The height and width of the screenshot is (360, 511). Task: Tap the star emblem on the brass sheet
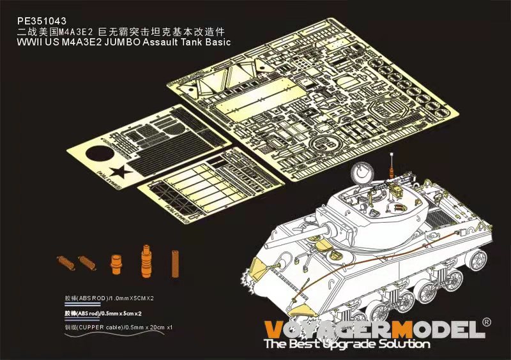coord(119,173)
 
